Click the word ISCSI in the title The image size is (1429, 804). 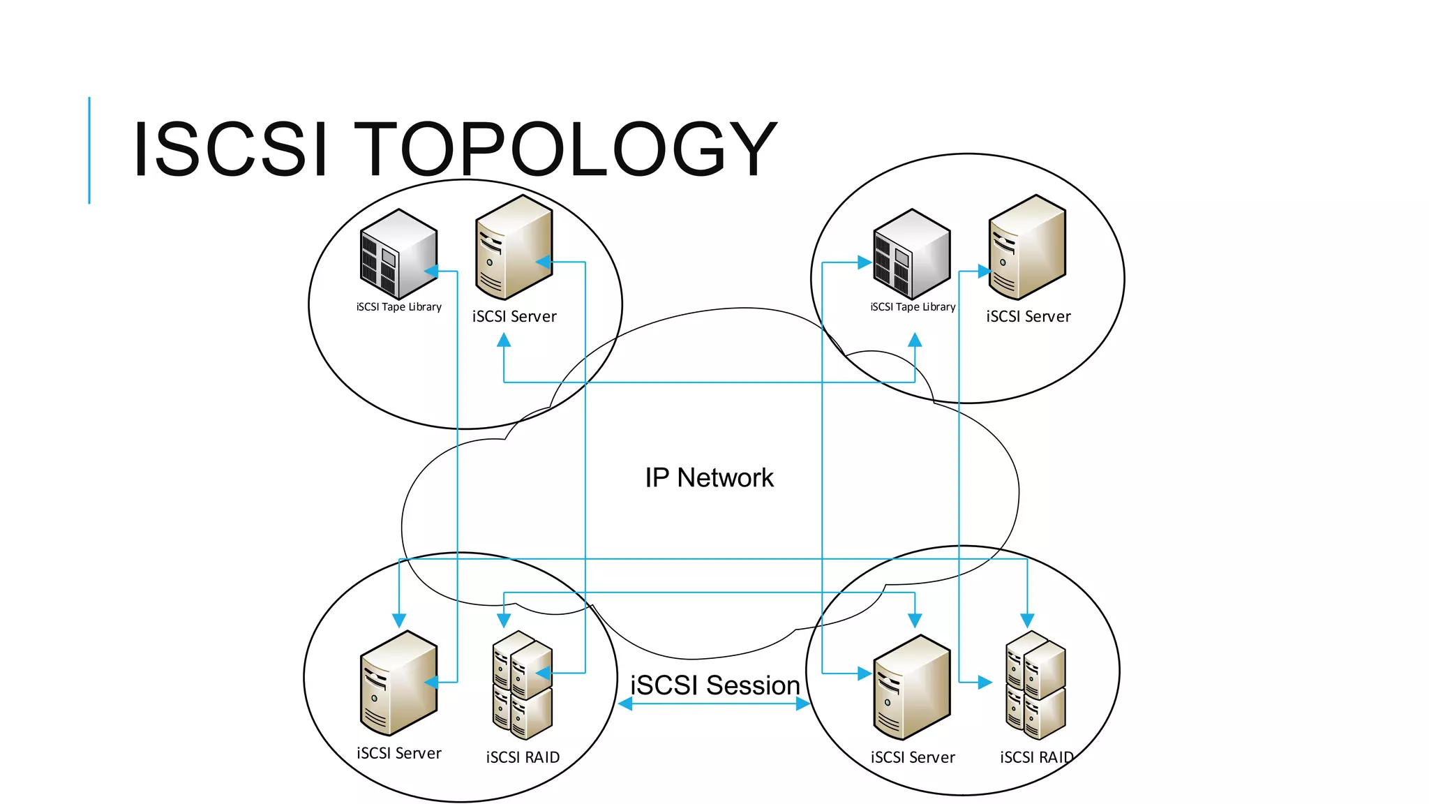[230, 149]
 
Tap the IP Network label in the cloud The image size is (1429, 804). [709, 478]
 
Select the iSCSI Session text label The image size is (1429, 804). [714, 685]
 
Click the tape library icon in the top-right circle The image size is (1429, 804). [911, 255]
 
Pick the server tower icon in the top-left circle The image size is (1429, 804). [514, 248]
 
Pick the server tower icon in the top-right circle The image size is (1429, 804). [1027, 248]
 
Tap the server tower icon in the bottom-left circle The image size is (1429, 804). [398, 683]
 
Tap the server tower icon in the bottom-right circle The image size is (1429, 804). [911, 687]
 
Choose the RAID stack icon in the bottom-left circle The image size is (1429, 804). [522, 685]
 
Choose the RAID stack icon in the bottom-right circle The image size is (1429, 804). [1035, 685]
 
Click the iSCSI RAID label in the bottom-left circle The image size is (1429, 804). [523, 757]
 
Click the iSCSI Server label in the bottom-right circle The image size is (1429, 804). [913, 757]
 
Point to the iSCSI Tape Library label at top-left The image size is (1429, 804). [398, 307]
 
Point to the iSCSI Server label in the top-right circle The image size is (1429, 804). [1028, 317]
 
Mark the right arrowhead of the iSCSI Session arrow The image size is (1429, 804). [803, 704]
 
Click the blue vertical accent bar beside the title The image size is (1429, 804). [89, 150]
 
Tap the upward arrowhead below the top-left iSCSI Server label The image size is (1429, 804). [504, 341]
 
